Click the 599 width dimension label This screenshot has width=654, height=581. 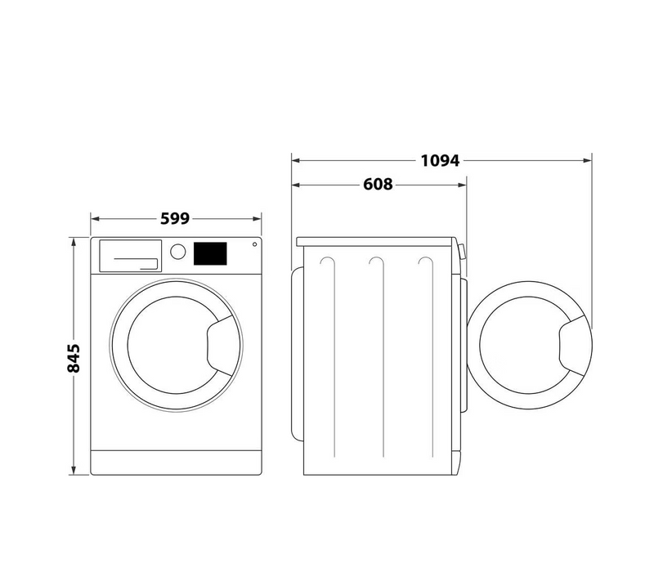(x=175, y=218)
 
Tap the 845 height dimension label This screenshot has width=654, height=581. (x=74, y=358)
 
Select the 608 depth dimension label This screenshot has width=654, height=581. (x=378, y=184)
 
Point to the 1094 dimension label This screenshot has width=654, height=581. (x=440, y=160)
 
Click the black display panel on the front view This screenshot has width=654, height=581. (x=210, y=253)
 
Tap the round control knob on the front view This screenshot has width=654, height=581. (x=178, y=252)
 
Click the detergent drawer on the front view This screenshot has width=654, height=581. (x=131, y=256)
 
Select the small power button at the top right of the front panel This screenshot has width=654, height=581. (x=254, y=244)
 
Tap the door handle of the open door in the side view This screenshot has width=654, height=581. (x=575, y=346)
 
